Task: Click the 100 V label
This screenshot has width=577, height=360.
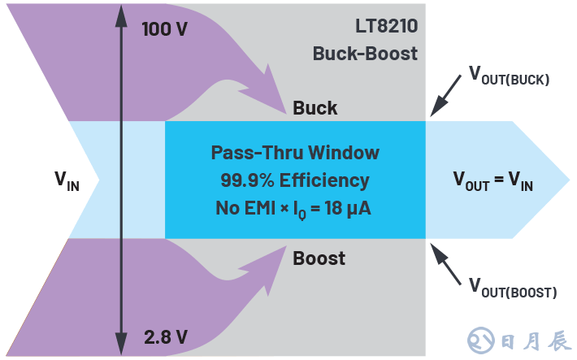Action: [165, 28]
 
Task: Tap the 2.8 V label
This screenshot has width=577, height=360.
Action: [164, 335]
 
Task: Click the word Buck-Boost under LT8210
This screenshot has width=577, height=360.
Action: [365, 54]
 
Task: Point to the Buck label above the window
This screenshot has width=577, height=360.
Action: [315, 108]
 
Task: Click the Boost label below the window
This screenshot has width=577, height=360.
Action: [319, 258]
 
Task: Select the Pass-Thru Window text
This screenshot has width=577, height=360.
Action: [295, 153]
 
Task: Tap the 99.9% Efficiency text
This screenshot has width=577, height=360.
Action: [295, 180]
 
